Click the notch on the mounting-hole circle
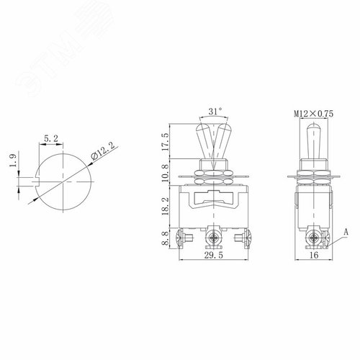click(37, 177)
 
